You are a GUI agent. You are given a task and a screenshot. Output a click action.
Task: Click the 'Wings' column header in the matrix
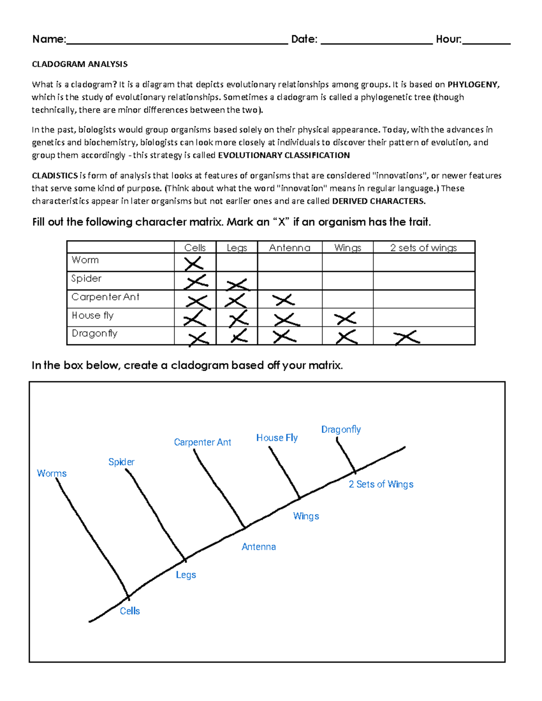tap(347, 247)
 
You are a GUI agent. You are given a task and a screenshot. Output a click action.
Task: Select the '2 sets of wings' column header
tap(423, 247)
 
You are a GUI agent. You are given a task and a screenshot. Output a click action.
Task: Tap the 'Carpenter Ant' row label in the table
tap(105, 297)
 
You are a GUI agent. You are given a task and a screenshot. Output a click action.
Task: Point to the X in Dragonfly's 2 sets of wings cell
tap(406, 337)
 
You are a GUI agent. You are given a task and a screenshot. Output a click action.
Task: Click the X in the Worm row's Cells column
tap(193, 263)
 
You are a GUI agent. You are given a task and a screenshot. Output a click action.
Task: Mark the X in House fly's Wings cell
tap(346, 318)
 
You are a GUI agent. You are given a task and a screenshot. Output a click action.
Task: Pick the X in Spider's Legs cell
tap(237, 284)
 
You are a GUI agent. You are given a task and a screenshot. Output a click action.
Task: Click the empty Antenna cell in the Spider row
tap(290, 281)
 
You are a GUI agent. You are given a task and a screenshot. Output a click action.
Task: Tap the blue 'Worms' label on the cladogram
tap(51, 473)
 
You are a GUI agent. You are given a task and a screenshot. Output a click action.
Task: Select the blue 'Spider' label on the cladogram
tap(121, 462)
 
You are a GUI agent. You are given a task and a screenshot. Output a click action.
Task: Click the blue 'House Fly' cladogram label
tap(277, 437)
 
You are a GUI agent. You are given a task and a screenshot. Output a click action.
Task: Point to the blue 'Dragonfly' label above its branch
tap(341, 429)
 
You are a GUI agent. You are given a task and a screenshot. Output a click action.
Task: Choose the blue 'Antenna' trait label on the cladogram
tap(258, 547)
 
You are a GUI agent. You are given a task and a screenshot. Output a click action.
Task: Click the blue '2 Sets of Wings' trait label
tap(381, 484)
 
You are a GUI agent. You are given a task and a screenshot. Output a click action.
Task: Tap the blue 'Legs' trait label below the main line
tap(186, 575)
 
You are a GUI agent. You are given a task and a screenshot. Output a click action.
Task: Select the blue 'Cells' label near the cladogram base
tap(130, 611)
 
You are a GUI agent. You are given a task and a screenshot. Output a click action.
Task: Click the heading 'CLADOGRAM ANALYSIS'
tap(79, 64)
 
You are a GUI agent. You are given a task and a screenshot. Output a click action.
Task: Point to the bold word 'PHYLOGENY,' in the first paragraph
tap(473, 84)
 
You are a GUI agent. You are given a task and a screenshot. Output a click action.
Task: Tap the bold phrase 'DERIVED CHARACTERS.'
tap(378, 201)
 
